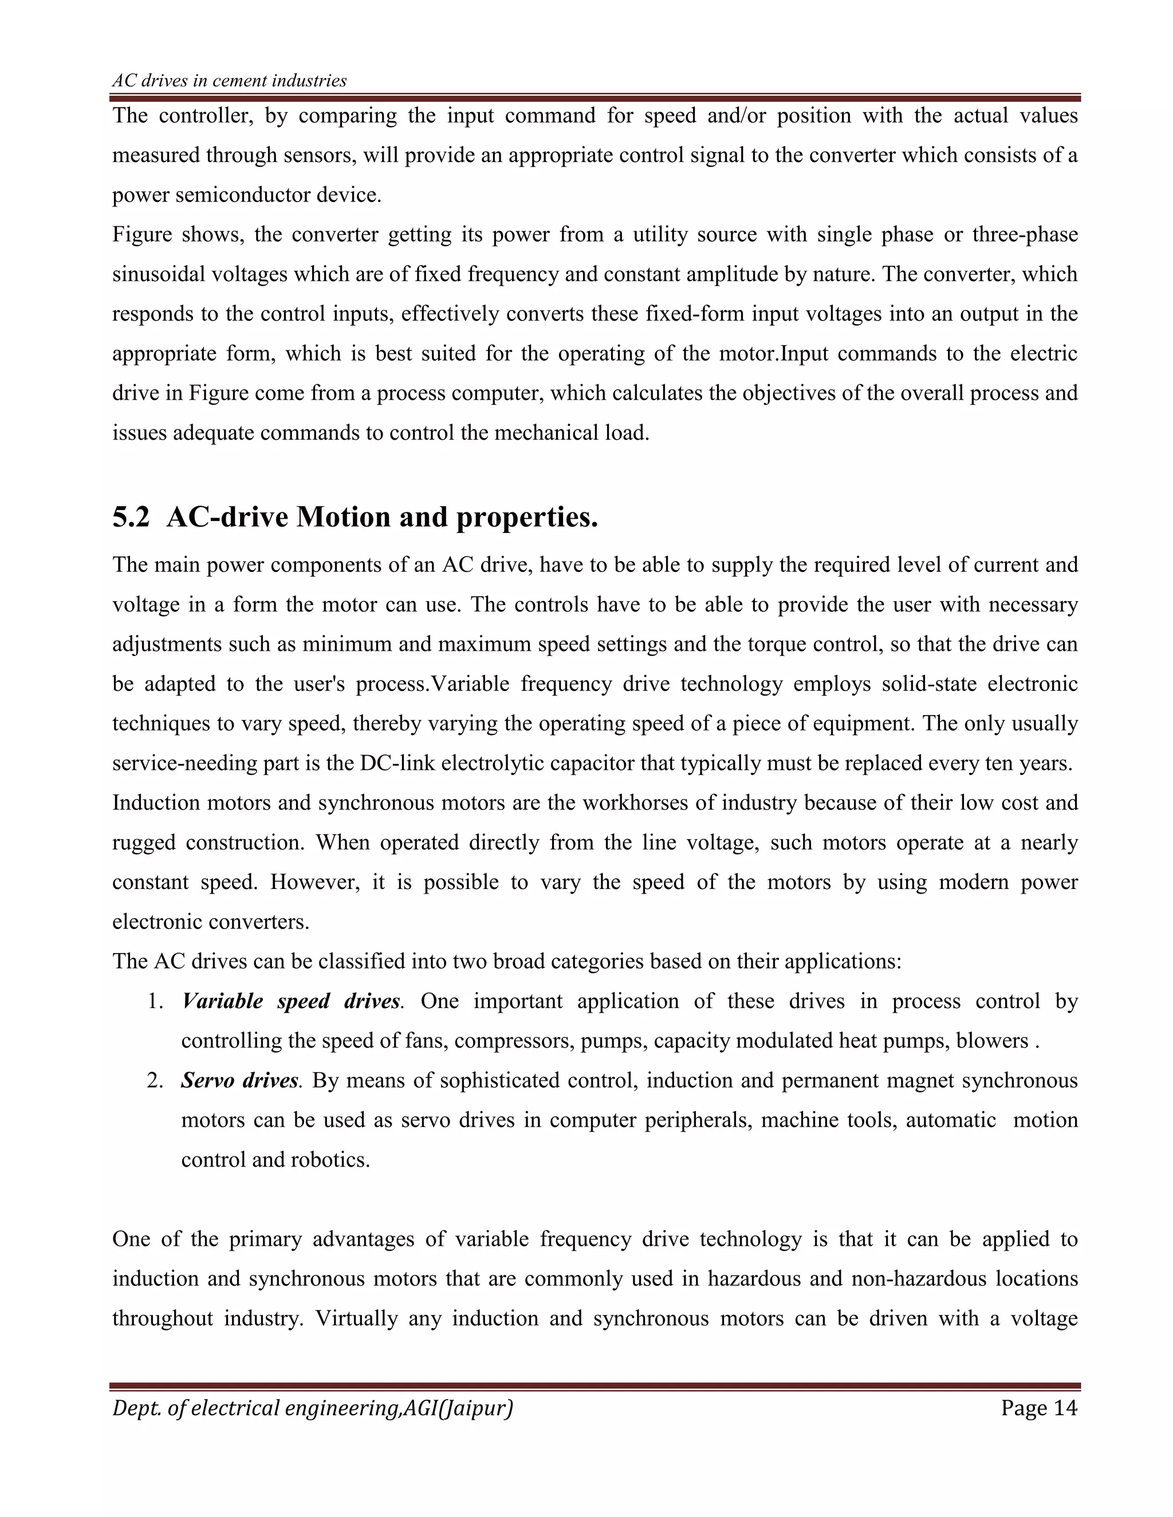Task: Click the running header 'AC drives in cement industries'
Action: click(x=229, y=81)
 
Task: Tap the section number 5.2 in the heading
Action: click(x=131, y=517)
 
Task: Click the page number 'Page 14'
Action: click(x=1039, y=1408)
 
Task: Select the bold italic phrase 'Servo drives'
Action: click(x=240, y=1080)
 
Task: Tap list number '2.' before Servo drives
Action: click(x=156, y=1080)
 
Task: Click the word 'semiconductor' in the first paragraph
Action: click(x=242, y=195)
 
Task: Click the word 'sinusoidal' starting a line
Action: click(x=159, y=274)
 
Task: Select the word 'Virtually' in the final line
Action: click(x=356, y=1318)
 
